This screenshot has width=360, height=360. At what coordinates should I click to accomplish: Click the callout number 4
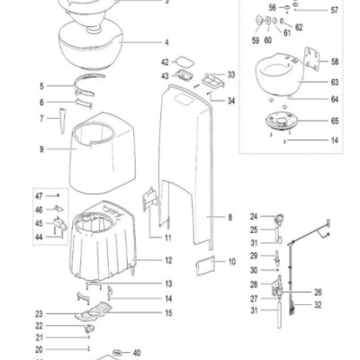click(166, 42)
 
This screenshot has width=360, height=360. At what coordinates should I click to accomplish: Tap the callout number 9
click(41, 148)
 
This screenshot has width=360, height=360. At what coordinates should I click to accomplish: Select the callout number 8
click(230, 217)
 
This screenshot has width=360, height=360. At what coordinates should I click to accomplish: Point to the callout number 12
click(168, 260)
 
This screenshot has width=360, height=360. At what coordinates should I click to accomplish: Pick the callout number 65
click(335, 119)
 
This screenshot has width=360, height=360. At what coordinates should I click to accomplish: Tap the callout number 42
click(165, 61)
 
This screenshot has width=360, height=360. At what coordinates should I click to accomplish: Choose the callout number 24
click(255, 216)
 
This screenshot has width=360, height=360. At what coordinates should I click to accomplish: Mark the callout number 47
click(39, 194)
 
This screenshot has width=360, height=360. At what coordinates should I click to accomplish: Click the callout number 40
click(138, 353)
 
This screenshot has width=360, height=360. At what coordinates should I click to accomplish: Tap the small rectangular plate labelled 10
click(202, 264)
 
